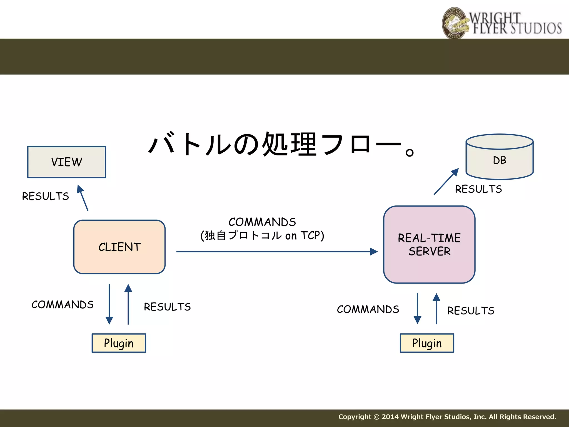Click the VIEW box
[x=67, y=162]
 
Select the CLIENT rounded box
[x=119, y=247]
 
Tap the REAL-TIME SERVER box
[x=429, y=245]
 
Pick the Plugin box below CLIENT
[x=119, y=343]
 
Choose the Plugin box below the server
[x=427, y=343]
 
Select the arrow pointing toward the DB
[x=446, y=182]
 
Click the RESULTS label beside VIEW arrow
[x=46, y=196]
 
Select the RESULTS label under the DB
[x=478, y=189]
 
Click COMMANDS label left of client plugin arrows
[x=63, y=305]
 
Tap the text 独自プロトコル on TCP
[x=262, y=235]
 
